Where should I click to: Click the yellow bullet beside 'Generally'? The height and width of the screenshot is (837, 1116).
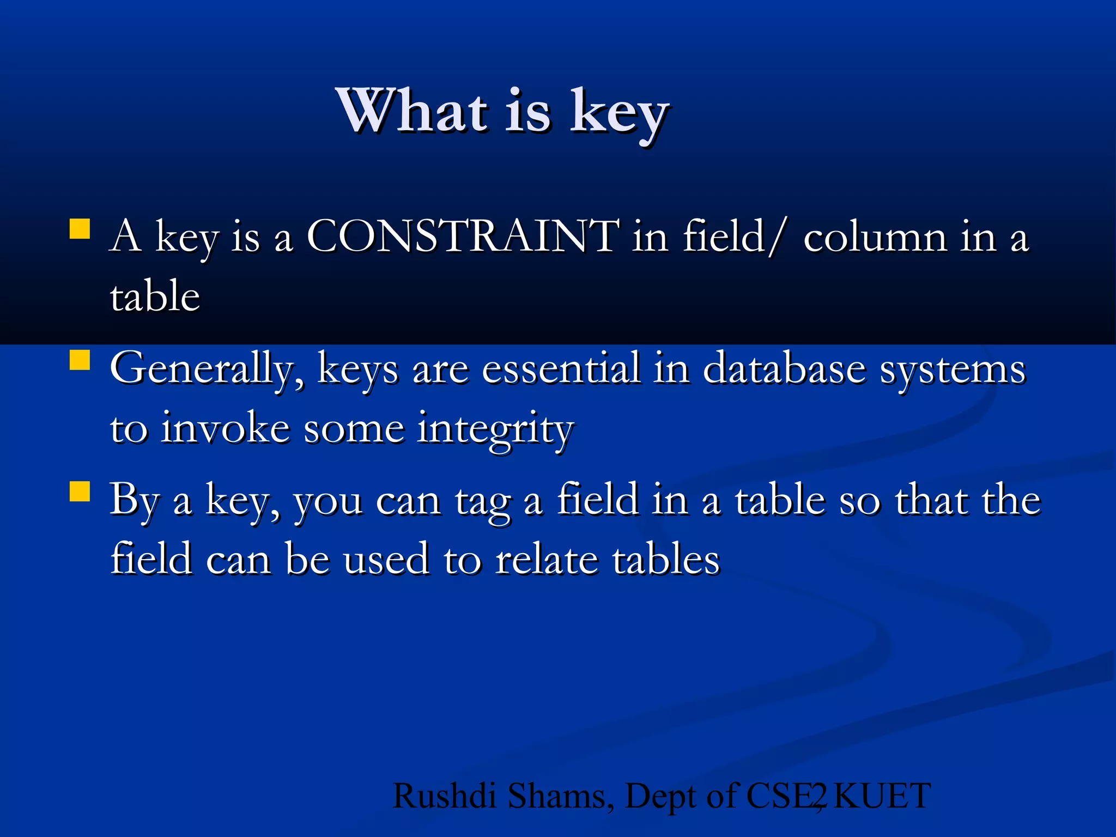[80, 360]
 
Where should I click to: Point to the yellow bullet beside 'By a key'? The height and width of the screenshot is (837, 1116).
[80, 490]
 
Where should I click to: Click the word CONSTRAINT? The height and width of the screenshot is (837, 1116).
[463, 236]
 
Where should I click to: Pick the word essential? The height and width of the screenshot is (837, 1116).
[561, 369]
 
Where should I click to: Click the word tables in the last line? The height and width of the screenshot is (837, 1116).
[666, 560]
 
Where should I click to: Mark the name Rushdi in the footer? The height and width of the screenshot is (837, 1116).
[444, 796]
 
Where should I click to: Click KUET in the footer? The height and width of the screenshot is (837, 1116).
[882, 796]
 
